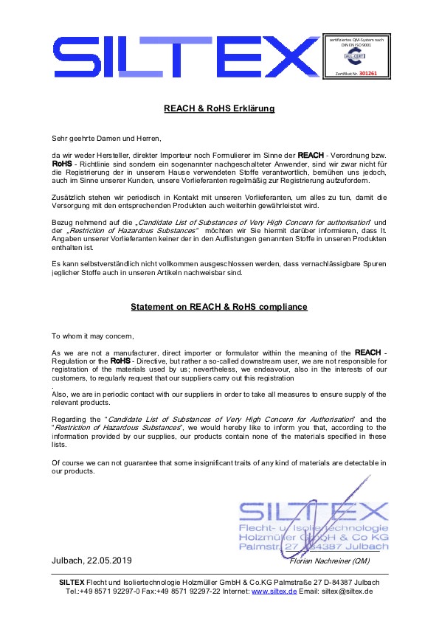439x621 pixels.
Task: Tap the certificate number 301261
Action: coord(367,74)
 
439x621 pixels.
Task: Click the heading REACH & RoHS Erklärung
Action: coord(219,109)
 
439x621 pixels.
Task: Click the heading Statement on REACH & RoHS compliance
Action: coord(219,307)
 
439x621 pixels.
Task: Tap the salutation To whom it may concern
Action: coord(93,336)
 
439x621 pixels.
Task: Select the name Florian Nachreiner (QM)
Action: coord(319,562)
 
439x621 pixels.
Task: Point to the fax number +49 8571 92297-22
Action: coord(180,591)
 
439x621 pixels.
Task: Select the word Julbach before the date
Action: coord(69,561)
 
